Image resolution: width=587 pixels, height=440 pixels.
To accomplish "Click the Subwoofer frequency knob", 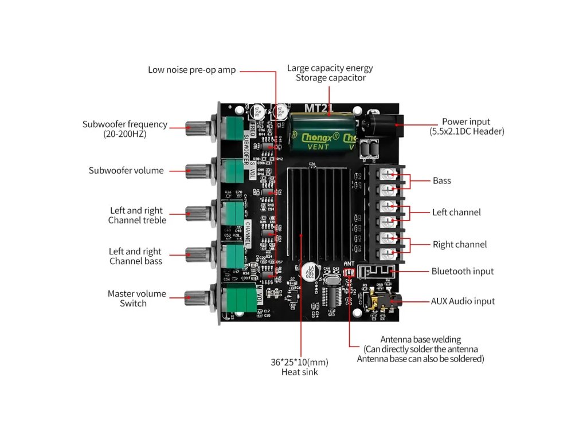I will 198,127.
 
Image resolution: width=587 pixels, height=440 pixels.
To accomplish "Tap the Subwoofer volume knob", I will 198,170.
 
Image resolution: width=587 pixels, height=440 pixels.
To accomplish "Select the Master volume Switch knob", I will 198,296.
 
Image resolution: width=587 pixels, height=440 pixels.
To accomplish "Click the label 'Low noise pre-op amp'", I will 191,70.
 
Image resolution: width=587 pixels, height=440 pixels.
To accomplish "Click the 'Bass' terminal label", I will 441,180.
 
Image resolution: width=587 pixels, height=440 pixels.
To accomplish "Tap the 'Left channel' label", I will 456,212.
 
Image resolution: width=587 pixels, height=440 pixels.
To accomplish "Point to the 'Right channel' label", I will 459,245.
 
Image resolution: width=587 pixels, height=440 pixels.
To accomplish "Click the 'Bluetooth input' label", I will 462,271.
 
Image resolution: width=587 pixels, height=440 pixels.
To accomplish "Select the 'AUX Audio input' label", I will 463,301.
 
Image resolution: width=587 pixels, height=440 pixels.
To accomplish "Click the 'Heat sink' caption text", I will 299,372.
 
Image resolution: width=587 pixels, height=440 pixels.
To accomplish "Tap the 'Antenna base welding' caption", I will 420,340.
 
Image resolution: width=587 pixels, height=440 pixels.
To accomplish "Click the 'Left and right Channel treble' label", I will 137,215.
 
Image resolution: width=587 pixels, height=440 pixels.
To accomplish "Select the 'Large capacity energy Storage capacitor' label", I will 330,73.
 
